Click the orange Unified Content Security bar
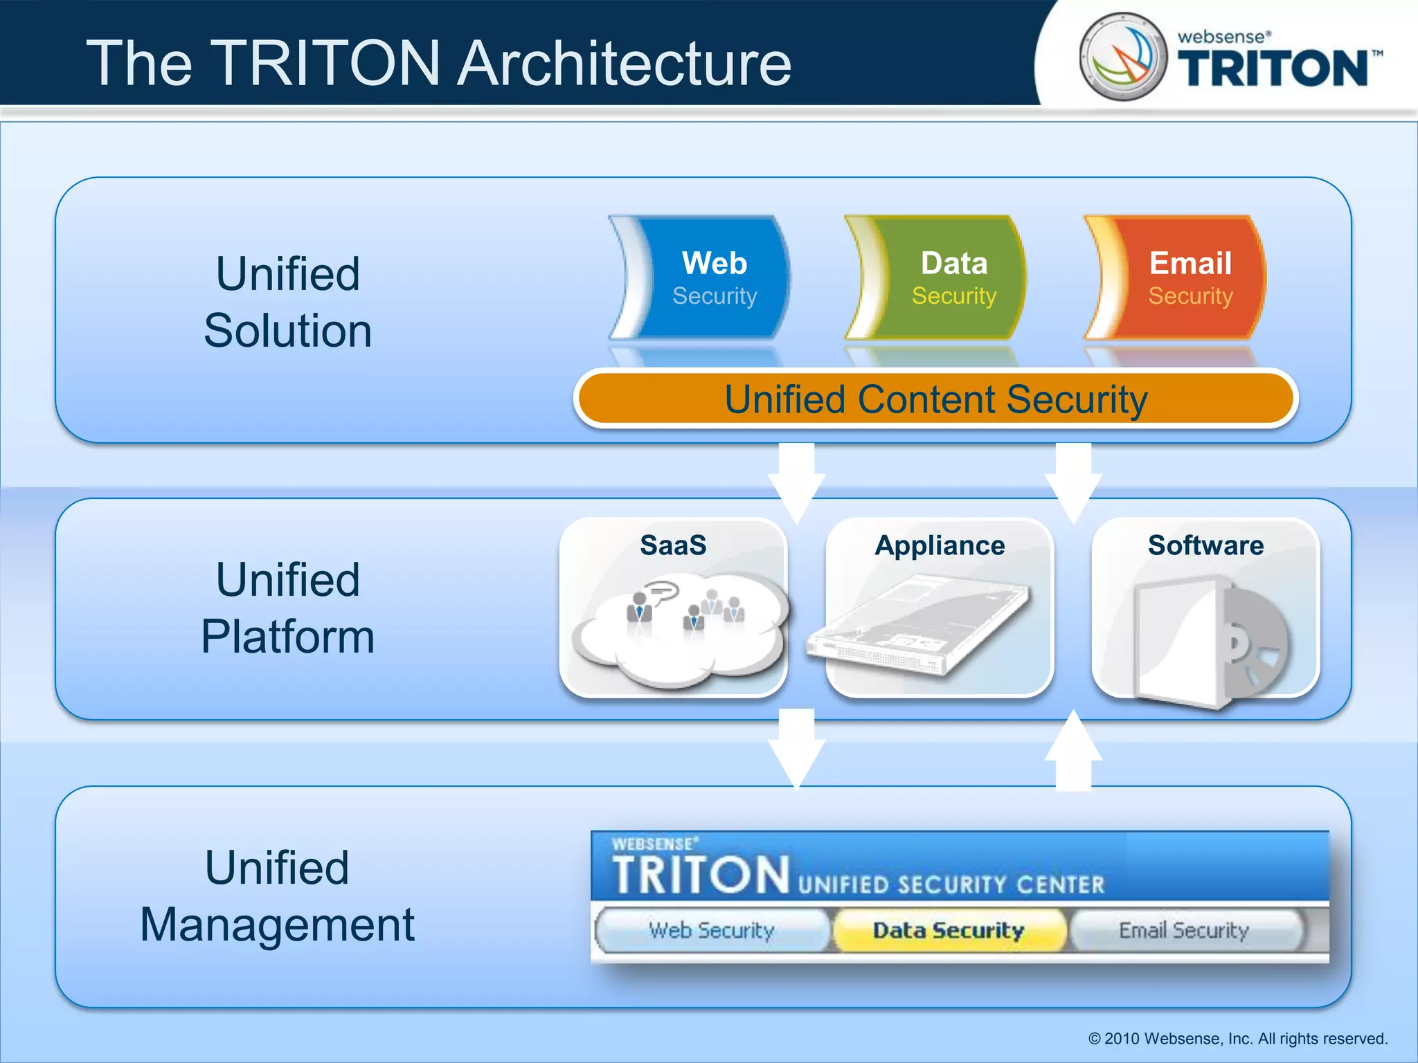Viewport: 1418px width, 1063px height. (x=935, y=399)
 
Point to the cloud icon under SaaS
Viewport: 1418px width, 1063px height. (x=679, y=626)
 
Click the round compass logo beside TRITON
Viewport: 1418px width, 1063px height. (x=1123, y=57)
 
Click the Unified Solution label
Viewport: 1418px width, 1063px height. (x=287, y=302)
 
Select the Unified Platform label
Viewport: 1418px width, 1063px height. (x=287, y=608)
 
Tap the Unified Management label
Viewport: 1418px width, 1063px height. (x=277, y=896)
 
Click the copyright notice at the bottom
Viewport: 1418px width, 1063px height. (x=1237, y=1039)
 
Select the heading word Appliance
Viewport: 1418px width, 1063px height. (x=940, y=545)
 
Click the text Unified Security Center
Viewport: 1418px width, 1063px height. (x=951, y=884)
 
